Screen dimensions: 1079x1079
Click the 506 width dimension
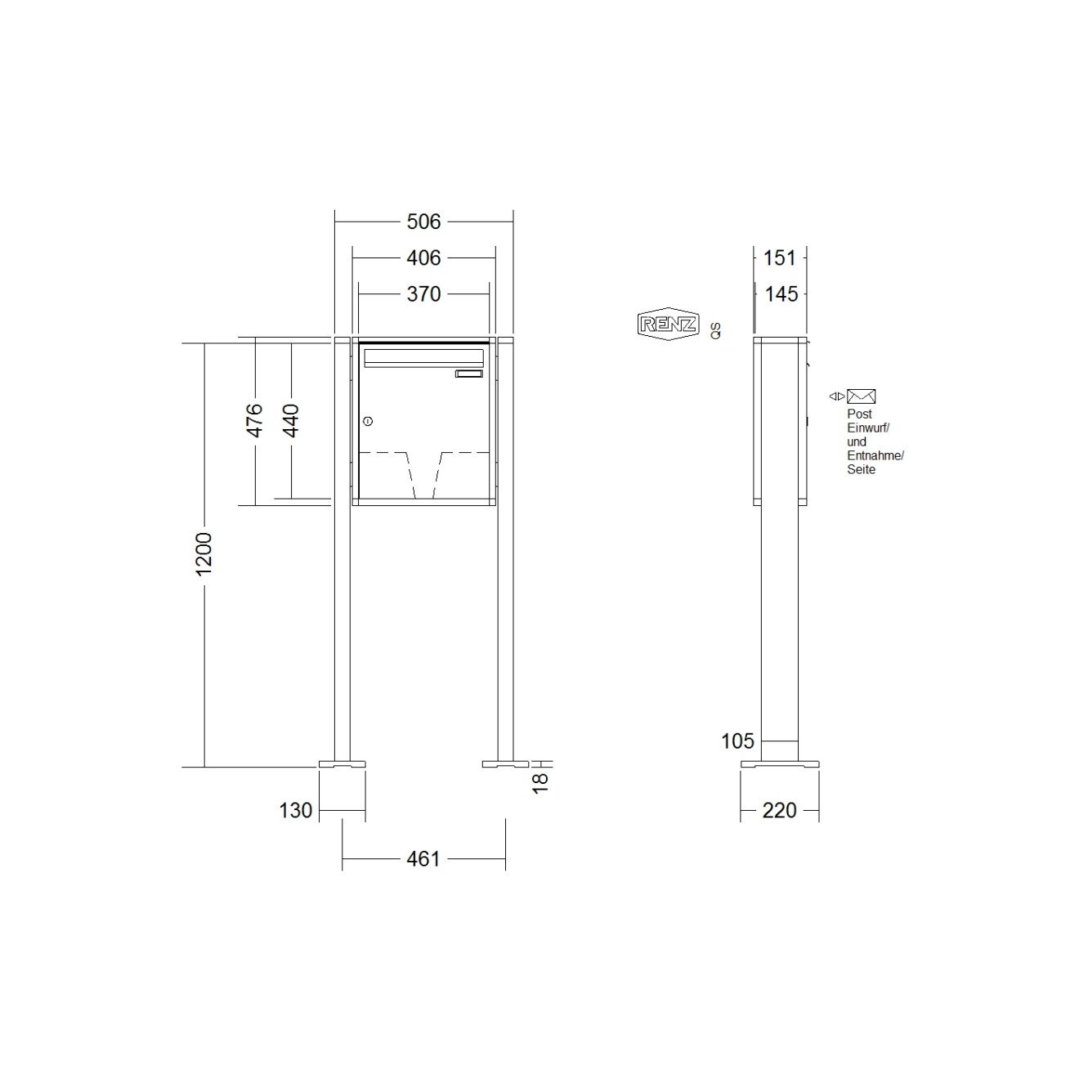click(x=423, y=222)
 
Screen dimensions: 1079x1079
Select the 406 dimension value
click(x=423, y=258)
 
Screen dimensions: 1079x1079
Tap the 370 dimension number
click(x=423, y=294)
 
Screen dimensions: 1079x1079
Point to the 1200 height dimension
click(x=204, y=553)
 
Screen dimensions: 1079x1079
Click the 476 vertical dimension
click(x=255, y=420)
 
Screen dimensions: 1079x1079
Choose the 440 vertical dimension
click(x=291, y=420)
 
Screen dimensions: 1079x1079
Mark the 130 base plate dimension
click(x=296, y=810)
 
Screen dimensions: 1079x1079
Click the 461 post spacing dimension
click(x=423, y=859)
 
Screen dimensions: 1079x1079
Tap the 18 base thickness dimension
click(x=539, y=783)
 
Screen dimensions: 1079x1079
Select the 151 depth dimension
click(x=780, y=258)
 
